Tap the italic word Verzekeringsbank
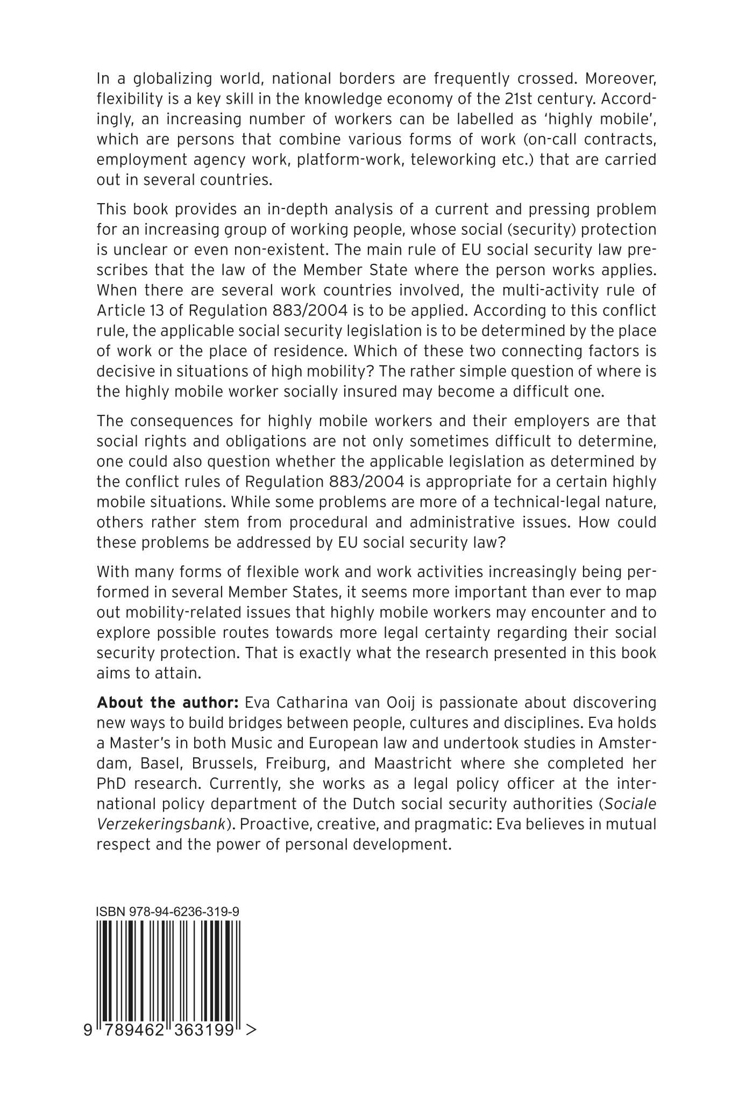pos(160,824)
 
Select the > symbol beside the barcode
pos(250,1030)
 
